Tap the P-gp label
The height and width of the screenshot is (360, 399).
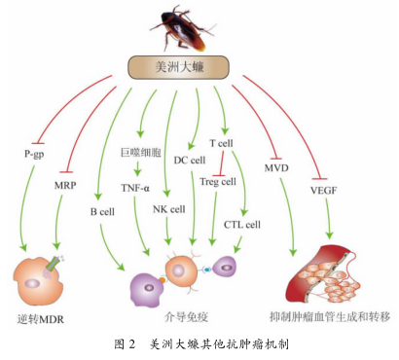click(35, 153)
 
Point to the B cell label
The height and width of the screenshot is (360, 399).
click(103, 210)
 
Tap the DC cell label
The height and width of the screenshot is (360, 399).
click(189, 160)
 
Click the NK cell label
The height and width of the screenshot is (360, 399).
click(170, 207)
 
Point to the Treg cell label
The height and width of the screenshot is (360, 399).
click(217, 180)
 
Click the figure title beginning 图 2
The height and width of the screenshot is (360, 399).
click(199, 343)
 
